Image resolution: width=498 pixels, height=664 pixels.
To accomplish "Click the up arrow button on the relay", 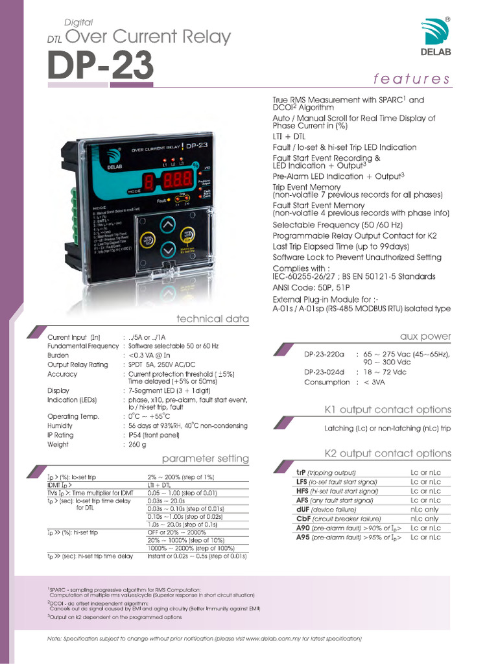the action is click(167, 225).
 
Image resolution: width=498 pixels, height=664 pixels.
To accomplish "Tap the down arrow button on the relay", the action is click(167, 249).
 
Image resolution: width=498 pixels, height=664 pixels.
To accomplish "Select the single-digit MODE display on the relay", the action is click(148, 184).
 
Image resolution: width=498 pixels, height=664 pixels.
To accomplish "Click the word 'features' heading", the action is click(411, 79).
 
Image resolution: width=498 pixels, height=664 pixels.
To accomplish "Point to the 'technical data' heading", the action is click(213, 319).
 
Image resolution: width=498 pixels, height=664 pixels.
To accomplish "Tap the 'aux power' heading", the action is click(425, 336).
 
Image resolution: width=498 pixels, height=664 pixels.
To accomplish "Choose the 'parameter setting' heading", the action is click(205, 458).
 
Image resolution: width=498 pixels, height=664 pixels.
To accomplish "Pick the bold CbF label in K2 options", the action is click(303, 519).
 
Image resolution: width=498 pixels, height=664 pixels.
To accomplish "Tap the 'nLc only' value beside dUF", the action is click(424, 510).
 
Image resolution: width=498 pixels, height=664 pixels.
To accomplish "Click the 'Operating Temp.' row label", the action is click(73, 416).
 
